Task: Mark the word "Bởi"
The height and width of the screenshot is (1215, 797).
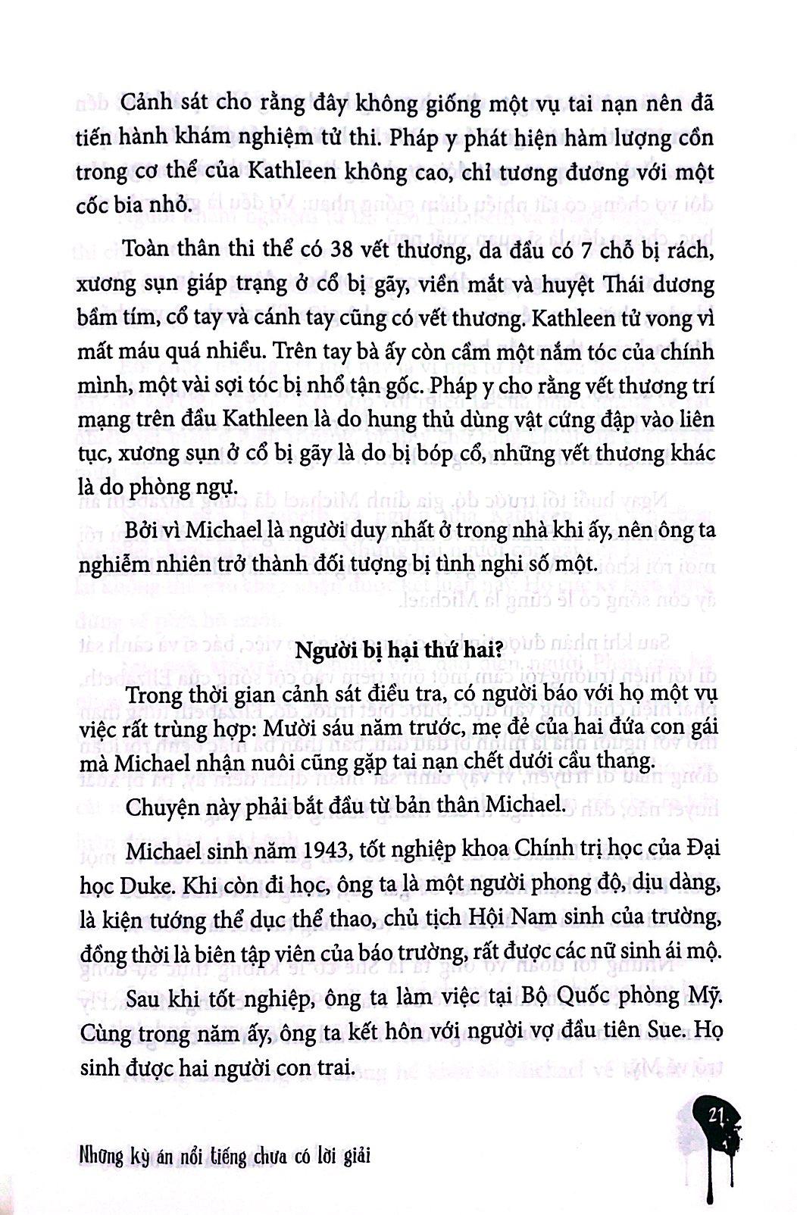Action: (x=144, y=530)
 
